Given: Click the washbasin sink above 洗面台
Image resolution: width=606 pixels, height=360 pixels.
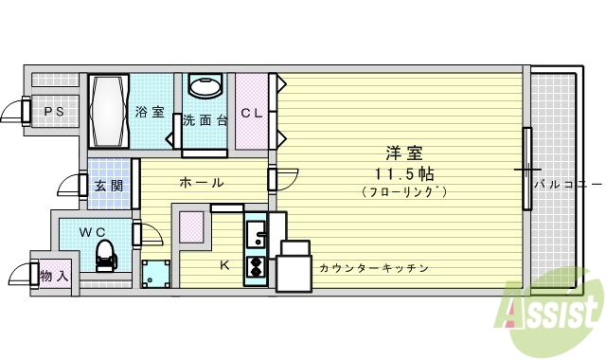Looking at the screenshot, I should (x=205, y=87).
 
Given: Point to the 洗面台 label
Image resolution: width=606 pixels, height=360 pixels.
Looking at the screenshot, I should (x=205, y=120).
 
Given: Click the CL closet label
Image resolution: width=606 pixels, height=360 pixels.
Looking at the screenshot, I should (x=251, y=113).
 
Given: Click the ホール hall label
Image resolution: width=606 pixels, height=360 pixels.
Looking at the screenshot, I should (x=201, y=182).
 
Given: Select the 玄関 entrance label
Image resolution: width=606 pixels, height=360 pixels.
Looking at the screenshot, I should (x=109, y=185).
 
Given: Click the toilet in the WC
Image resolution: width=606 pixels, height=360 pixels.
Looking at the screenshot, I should (x=106, y=255).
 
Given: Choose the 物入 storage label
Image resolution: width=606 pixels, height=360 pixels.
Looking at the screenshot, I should (x=52, y=276).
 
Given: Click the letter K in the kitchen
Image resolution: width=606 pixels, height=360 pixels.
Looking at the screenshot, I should (x=224, y=265).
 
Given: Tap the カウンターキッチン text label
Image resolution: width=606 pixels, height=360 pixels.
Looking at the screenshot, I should (x=373, y=268).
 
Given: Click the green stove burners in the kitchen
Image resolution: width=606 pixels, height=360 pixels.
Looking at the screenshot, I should (x=256, y=267).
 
